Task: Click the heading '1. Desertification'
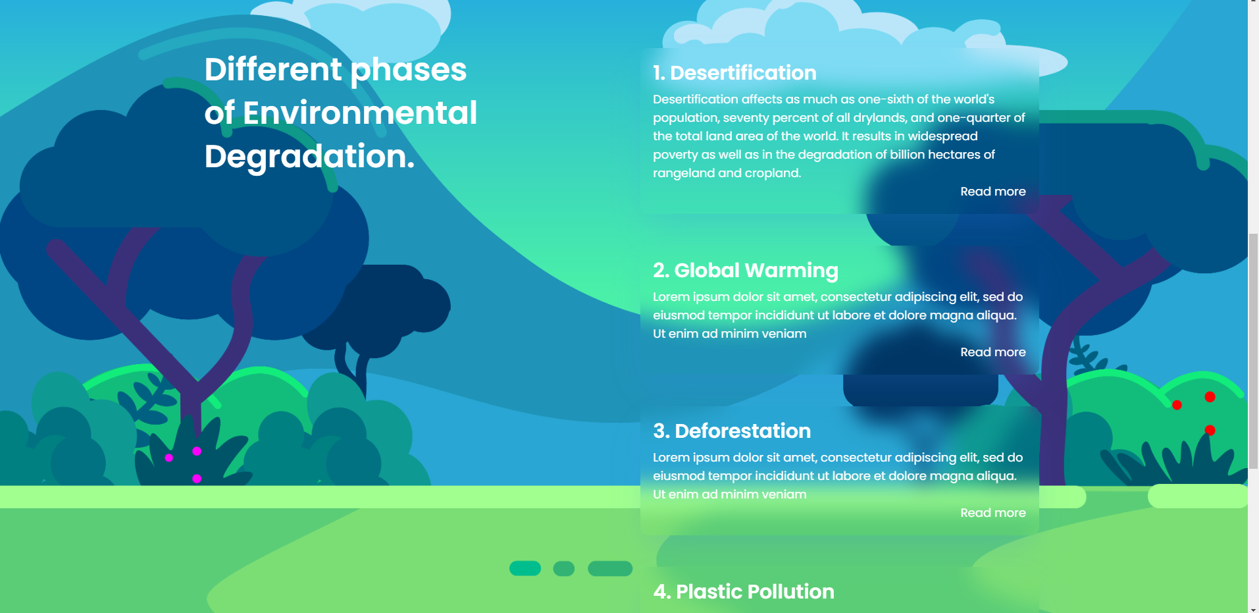coord(734,73)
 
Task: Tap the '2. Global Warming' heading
coord(745,271)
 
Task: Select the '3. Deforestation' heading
coord(731,431)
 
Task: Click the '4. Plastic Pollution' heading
coord(743,592)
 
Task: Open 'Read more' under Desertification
coord(992,192)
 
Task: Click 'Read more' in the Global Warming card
coord(992,352)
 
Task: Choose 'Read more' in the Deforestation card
coord(992,513)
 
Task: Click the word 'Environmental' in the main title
coord(359,113)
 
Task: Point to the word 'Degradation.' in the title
coord(309,157)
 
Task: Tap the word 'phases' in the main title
coord(408,70)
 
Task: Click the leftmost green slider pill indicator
coord(525,568)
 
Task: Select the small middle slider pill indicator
coord(563,568)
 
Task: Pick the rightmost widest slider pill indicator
coord(609,568)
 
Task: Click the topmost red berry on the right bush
coord(1210,396)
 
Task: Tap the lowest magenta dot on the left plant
coord(197,479)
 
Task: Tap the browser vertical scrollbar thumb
coord(1253,349)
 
